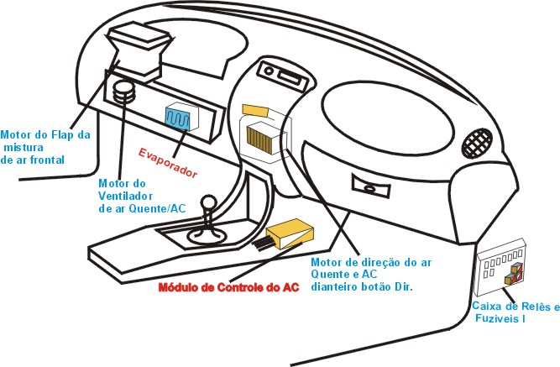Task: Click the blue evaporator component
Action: (177, 118)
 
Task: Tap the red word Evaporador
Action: (168, 163)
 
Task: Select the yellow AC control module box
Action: (290, 233)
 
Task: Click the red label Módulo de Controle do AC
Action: (228, 288)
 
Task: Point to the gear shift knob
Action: (208, 203)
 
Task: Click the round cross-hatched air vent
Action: (477, 143)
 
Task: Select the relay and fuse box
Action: (501, 267)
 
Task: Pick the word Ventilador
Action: (125, 197)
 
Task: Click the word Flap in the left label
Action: (63, 134)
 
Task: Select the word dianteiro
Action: (333, 286)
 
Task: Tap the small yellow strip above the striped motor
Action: (256, 110)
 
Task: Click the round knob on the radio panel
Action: (269, 71)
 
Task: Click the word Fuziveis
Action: (497, 318)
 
